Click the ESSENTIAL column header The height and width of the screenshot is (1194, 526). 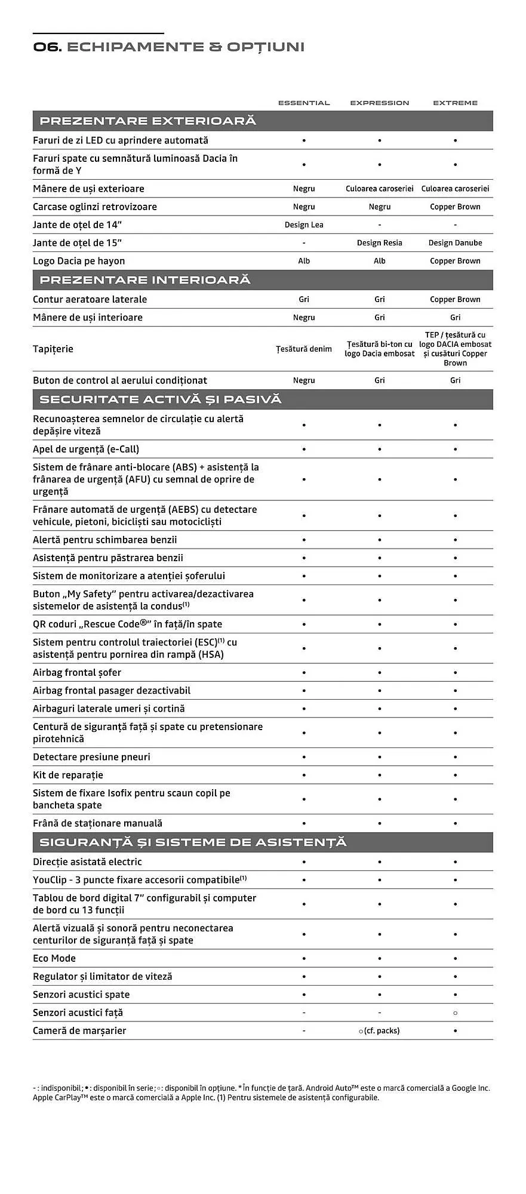(304, 103)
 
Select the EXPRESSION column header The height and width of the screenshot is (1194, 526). (379, 103)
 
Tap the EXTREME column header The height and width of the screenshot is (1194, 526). (455, 103)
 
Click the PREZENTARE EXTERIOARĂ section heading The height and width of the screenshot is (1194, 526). (147, 121)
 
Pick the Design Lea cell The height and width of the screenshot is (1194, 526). (304, 225)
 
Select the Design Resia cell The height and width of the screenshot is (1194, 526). (379, 243)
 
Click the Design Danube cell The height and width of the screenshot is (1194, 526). (455, 243)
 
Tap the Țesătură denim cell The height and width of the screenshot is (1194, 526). (304, 349)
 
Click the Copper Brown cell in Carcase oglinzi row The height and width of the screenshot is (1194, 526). (455, 207)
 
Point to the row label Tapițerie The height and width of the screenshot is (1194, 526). (53, 349)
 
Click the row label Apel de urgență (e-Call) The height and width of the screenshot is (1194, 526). (86, 450)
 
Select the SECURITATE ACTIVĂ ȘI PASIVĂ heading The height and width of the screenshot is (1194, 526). (160, 399)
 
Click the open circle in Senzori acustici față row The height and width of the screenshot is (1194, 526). (455, 1013)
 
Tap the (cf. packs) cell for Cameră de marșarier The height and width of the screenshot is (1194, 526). (379, 1031)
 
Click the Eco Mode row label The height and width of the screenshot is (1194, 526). (54, 959)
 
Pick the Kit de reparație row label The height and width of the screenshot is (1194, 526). (68, 776)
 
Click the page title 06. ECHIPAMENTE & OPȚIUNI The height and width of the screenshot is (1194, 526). (169, 47)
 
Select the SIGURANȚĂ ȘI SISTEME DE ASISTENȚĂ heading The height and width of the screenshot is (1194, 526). (192, 842)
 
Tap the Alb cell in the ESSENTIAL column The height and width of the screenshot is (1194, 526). (304, 261)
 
